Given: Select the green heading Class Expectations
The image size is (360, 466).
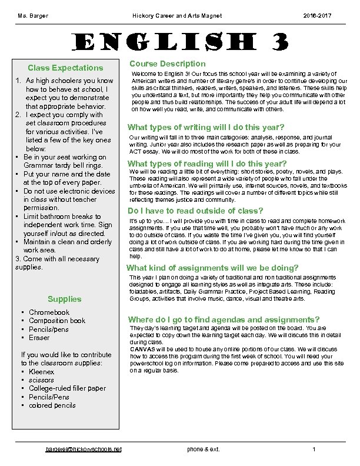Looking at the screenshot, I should tap(65, 68).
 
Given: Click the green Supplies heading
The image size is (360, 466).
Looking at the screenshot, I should tap(65, 299).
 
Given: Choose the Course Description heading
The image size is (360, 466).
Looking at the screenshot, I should tap(168, 64).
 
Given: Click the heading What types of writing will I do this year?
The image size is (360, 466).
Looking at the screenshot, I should tap(206, 128).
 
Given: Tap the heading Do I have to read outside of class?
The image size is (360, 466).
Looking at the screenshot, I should tap(195, 211).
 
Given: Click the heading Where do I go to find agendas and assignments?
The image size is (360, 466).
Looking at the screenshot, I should tap(224, 319).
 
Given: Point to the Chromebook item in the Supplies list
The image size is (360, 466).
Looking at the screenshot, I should tap(49, 312).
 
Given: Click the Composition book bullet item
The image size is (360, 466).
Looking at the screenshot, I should tap(56, 321).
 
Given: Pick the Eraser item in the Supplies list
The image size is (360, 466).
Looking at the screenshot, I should tap(39, 338).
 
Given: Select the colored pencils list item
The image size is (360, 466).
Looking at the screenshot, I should tap(52, 405).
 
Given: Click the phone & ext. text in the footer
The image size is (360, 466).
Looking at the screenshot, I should tap(203, 450).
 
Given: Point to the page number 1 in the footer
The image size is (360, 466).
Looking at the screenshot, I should tap(315, 450).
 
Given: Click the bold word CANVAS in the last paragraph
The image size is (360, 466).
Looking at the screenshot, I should tap(144, 349).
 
